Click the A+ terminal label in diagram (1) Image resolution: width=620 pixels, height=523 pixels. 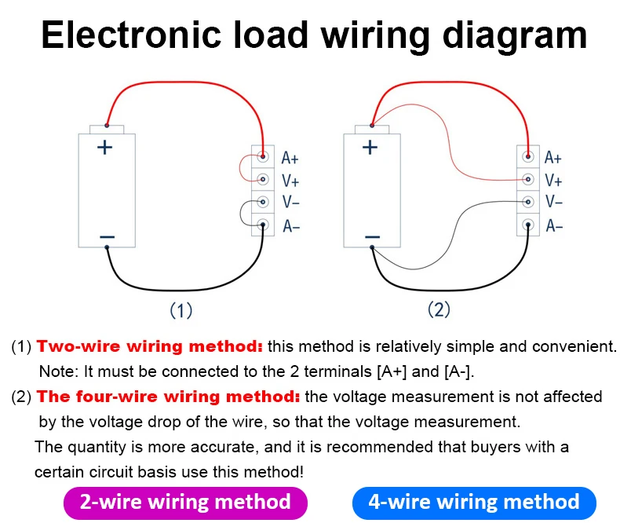[x=290, y=158]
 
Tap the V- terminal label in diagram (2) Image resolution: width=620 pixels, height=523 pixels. [x=553, y=202]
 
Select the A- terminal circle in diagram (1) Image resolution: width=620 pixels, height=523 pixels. [x=263, y=225]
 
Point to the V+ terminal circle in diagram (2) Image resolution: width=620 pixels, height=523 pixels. [x=528, y=179]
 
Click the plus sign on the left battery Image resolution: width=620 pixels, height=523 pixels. [x=105, y=148]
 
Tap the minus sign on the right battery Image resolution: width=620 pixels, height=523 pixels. [x=372, y=237]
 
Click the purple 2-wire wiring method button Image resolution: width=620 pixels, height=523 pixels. [x=185, y=503]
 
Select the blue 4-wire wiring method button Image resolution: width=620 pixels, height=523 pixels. [x=474, y=503]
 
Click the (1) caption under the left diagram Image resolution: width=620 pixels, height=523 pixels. [x=181, y=310]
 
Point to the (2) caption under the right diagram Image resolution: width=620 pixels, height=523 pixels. [x=439, y=309]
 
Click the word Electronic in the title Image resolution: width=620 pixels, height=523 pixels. [x=131, y=35]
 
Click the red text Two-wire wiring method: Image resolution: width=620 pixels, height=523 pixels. [x=149, y=346]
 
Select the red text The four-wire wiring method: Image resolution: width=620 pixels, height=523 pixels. [x=169, y=397]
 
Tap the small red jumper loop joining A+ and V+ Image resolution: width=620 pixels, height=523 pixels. [x=239, y=168]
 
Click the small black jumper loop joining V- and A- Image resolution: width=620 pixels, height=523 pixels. [x=240, y=214]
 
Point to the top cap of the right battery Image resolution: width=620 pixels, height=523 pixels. [x=372, y=130]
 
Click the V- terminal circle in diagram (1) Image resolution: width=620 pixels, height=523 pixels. [x=263, y=202]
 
